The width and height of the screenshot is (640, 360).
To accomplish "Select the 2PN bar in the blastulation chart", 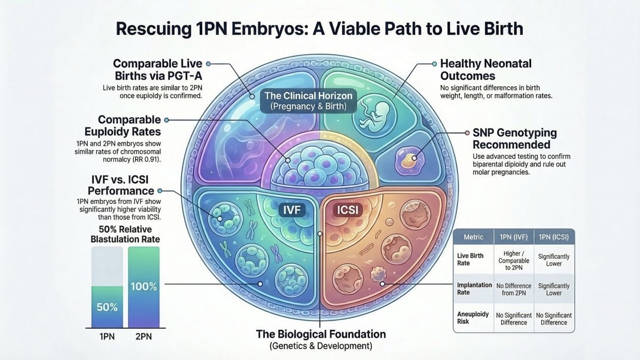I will [x=144, y=287].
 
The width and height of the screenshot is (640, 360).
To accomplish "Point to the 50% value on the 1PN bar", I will [x=107, y=307].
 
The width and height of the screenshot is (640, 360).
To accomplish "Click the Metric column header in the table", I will [x=473, y=236].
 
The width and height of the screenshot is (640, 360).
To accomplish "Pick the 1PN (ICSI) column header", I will [x=554, y=236].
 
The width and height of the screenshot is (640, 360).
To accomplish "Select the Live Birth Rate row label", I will [x=471, y=259].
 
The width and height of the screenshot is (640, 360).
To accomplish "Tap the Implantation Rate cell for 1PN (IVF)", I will [x=514, y=289].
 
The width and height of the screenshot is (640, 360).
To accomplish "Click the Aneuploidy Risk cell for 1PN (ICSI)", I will [x=554, y=319].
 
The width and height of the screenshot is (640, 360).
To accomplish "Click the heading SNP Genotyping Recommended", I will [x=514, y=139].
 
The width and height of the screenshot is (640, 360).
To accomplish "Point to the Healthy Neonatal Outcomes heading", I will [x=486, y=70].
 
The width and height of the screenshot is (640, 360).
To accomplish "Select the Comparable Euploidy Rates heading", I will [x=130, y=126].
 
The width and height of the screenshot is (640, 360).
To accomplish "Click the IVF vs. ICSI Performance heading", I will [x=121, y=186].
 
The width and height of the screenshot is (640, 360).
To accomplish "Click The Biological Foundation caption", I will [x=321, y=334].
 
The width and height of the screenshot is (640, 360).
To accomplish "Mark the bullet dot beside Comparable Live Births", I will [x=208, y=64].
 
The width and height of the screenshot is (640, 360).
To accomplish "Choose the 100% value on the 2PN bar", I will [x=144, y=286].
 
